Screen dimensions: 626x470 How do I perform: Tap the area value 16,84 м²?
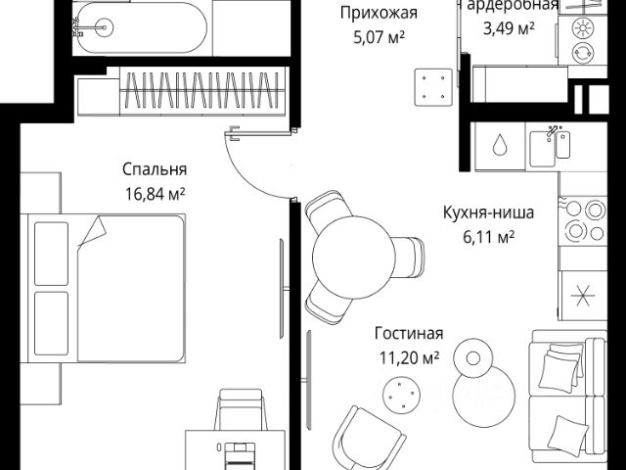155,192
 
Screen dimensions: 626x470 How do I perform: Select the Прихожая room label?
379,13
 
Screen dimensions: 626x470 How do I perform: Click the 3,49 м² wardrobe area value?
509,28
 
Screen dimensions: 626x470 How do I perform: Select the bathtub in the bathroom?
137,27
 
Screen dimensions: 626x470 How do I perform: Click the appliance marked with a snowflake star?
585,296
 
